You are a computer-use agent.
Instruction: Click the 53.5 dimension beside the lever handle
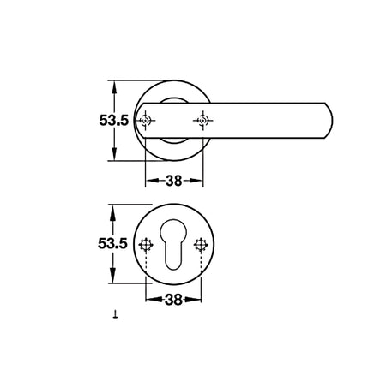tap(114, 120)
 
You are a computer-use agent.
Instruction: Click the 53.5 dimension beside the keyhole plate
tap(112, 243)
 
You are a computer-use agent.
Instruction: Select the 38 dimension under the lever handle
tap(174, 181)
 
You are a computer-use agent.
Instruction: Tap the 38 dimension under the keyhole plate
tap(173, 300)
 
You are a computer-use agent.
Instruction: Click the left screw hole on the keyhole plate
tap(146, 245)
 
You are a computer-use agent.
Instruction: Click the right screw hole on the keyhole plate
tap(201, 245)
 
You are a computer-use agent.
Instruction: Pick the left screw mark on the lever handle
tap(145, 121)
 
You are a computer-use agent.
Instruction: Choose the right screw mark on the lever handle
tap(202, 121)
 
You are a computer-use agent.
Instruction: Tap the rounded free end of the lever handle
tap(329, 121)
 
